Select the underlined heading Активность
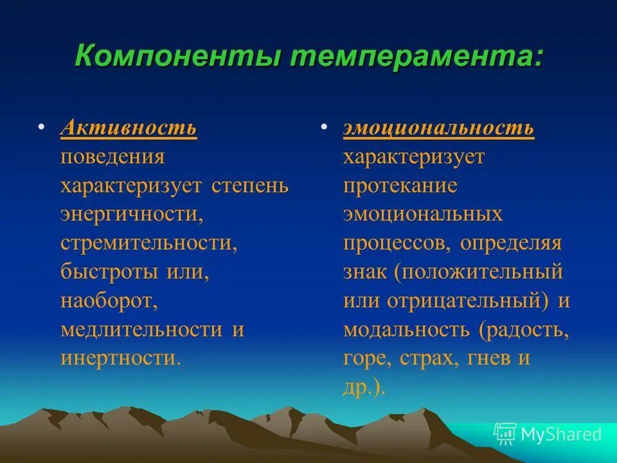[129, 127]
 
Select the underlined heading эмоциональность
[438, 127]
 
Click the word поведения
[112, 157]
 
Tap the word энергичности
[132, 215]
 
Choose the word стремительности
[145, 243]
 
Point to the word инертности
[120, 358]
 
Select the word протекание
[400, 186]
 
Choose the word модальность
[407, 329]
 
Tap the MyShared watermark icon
[505, 434]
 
